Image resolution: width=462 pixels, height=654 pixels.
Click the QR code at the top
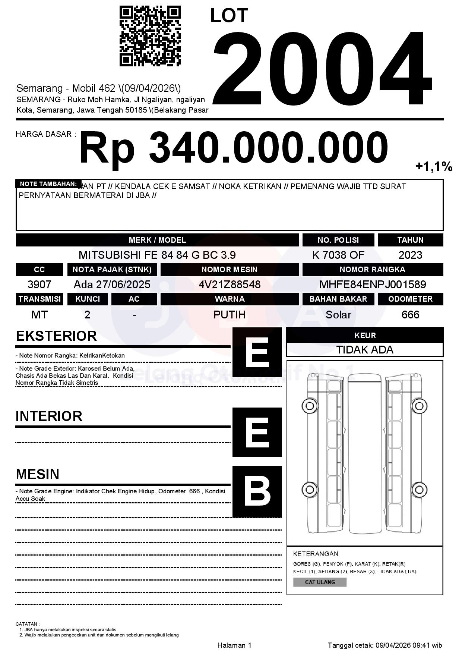pos(150,36)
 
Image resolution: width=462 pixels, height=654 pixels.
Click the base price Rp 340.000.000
pos(233,148)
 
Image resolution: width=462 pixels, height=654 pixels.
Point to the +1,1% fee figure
pos(434,166)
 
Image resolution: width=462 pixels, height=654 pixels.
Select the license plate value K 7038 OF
pos(338,255)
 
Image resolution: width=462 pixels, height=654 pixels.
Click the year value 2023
pos(410,255)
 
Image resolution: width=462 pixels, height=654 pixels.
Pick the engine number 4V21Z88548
pos(230,284)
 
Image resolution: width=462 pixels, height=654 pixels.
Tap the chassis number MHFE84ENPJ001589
pos(373,284)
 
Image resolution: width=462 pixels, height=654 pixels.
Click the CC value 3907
pos(39,284)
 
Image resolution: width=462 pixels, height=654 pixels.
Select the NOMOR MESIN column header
pos(230,270)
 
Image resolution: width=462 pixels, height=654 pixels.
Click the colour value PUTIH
pos(230,315)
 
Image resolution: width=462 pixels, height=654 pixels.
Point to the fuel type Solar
pos(338,315)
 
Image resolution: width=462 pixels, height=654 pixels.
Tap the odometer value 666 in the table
pos(410,315)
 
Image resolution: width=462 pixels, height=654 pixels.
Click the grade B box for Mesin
pos(257,491)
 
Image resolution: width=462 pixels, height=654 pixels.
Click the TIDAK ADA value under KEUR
pos(365,350)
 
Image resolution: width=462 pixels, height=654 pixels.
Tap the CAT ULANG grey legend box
pos(320,582)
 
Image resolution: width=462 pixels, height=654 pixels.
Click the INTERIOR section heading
pos(49,416)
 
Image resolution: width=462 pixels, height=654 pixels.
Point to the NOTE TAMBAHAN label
pos(48,184)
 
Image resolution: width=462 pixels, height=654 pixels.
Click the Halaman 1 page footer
pos(234,645)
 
